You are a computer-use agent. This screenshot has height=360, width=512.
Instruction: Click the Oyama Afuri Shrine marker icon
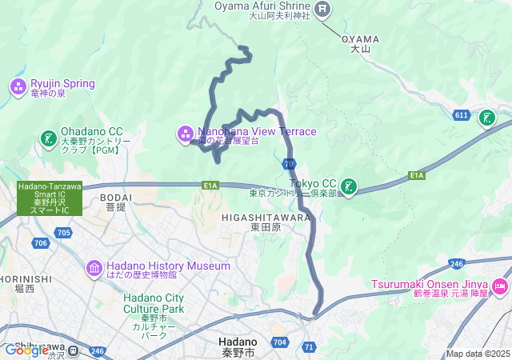coord(322,10)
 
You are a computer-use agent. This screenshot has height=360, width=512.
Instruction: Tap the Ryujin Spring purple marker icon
coord(18,84)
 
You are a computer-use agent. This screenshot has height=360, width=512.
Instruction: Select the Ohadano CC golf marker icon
coord(49,138)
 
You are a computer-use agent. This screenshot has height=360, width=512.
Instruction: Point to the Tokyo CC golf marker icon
coord(348,186)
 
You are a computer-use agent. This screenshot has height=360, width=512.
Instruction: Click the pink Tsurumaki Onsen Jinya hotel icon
coord(500,286)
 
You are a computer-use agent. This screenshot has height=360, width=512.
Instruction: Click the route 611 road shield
coord(461,115)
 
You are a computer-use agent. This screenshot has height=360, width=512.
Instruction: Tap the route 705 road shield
coord(65,233)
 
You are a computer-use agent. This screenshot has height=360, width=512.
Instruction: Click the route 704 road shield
coord(279,341)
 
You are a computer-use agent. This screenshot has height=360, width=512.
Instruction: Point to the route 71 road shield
coord(309,346)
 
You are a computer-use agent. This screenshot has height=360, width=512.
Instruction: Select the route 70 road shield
coord(288,163)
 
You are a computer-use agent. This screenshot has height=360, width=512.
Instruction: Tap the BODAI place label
coord(117,196)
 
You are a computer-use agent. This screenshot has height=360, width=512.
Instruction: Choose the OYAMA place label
coord(362,38)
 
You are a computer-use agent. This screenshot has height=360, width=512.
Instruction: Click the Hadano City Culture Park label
coord(154,303)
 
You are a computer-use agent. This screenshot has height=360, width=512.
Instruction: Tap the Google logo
coord(26,350)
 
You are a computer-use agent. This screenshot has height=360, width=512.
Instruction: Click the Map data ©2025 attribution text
coord(477,354)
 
